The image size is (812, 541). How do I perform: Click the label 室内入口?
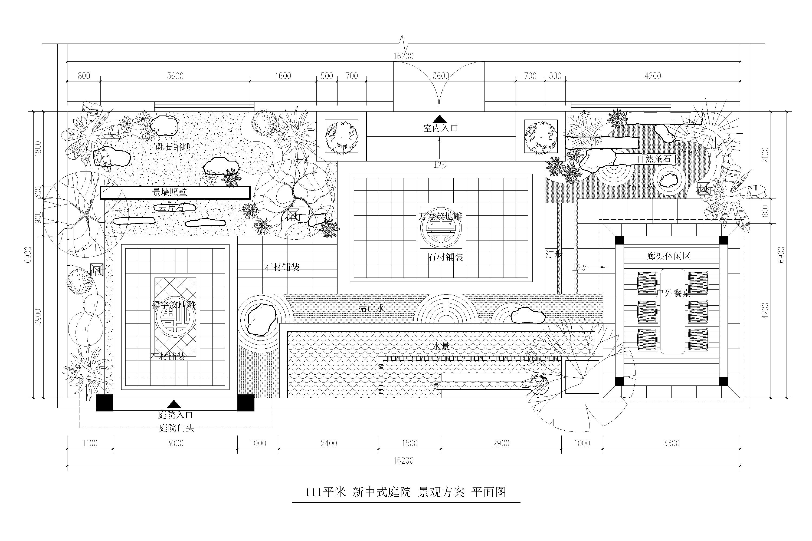click(x=441, y=128)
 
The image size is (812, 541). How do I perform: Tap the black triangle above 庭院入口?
click(x=174, y=404)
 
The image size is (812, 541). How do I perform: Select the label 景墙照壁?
click(x=170, y=192)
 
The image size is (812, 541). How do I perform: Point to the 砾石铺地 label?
click(x=173, y=147)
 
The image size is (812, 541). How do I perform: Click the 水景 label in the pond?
click(x=441, y=346)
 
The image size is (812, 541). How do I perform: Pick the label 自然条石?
click(x=654, y=159)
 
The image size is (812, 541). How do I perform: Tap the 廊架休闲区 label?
click(x=668, y=256)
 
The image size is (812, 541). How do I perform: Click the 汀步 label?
click(x=554, y=254)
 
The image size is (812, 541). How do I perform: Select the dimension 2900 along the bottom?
click(x=501, y=443)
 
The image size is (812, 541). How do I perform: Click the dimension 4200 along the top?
click(x=653, y=76)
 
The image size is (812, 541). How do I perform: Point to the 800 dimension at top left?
click(x=84, y=76)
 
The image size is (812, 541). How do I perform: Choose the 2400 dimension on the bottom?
click(x=329, y=443)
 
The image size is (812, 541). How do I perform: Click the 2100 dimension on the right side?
click(x=765, y=155)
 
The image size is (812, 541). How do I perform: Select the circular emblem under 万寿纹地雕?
click(x=441, y=228)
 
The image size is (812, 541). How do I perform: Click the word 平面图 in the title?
click(x=489, y=492)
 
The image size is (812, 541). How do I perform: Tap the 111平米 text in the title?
click(x=325, y=492)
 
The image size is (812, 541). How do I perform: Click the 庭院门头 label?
click(x=176, y=428)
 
